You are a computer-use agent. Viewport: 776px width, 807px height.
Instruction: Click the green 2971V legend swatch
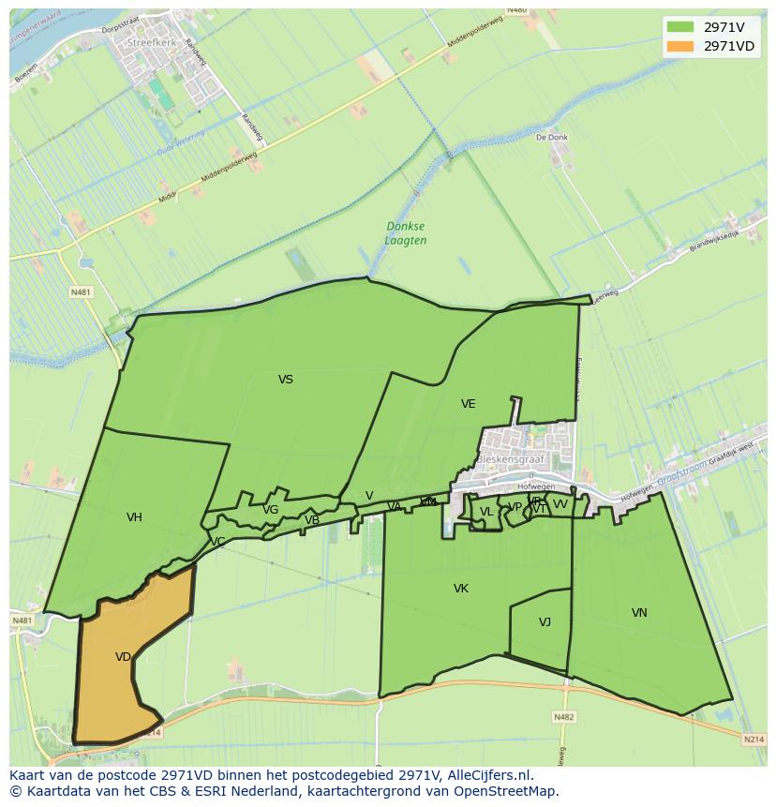tap(680, 27)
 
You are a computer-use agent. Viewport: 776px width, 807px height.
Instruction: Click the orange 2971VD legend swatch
tap(680, 46)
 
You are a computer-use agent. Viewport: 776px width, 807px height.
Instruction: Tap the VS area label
tap(286, 380)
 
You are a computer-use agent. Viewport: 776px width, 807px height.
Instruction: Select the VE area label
tap(468, 404)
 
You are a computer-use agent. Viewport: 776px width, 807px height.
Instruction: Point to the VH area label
tap(134, 517)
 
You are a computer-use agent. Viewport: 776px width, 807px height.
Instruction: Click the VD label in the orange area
tap(123, 657)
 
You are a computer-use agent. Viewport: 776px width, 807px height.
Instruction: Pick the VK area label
tap(460, 589)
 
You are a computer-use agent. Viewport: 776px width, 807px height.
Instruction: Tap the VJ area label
tap(545, 622)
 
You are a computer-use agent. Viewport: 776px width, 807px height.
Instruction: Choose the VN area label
tap(639, 613)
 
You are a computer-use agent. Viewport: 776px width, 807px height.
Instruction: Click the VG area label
tap(270, 510)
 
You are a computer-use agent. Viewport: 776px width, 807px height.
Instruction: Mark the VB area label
tap(312, 520)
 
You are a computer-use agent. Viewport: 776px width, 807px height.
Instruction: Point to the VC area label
tap(217, 542)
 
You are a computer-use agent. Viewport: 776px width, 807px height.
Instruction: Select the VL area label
tap(486, 512)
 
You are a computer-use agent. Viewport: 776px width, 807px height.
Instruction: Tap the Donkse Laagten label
tap(406, 233)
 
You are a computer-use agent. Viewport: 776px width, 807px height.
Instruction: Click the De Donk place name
tap(552, 137)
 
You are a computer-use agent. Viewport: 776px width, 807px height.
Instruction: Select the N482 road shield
tap(563, 717)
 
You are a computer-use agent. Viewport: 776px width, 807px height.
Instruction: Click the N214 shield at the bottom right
tap(754, 740)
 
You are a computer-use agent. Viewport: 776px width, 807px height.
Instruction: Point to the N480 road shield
tap(516, 10)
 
